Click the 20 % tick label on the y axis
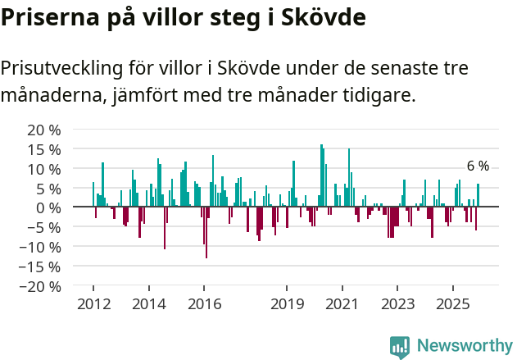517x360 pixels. [x=43, y=130]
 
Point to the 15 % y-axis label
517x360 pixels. [x=43, y=149]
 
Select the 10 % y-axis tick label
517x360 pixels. [x=43, y=169]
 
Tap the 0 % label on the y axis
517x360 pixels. [x=48, y=207]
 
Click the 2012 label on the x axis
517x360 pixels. [x=93, y=304]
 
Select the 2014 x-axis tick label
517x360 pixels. [x=148, y=304]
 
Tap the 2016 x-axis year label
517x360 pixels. [x=204, y=304]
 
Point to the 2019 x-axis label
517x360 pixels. [x=287, y=304]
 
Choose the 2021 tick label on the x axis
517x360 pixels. [x=342, y=304]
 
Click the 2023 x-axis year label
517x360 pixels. [x=398, y=304]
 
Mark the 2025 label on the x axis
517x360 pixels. [x=453, y=304]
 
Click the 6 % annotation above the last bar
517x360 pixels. [x=478, y=166]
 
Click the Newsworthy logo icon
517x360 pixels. [x=400, y=346]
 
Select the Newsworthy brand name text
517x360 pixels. [x=464, y=345]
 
